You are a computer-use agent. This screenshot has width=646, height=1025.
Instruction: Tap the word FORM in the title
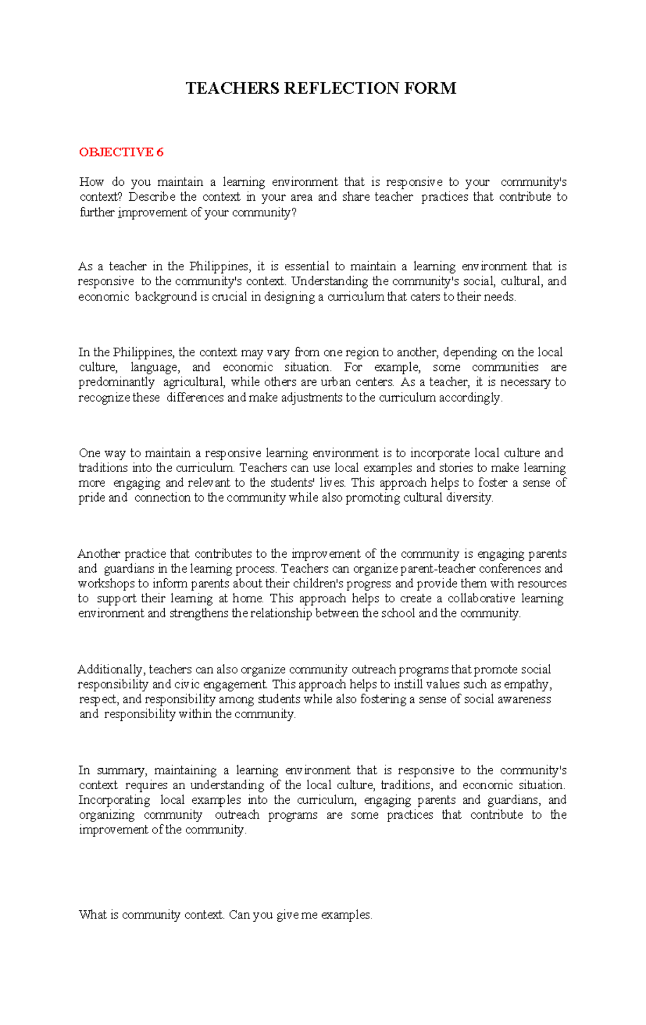[430, 88]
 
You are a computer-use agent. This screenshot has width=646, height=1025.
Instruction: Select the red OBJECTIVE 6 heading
[121, 152]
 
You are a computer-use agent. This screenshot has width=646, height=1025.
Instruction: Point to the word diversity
[469, 498]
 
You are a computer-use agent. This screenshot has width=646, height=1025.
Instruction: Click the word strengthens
[199, 614]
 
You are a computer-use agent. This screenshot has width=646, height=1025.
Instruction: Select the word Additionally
[110, 670]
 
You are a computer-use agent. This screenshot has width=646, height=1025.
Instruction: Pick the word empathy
[529, 685]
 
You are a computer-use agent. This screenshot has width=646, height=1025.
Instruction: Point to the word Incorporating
[115, 800]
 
